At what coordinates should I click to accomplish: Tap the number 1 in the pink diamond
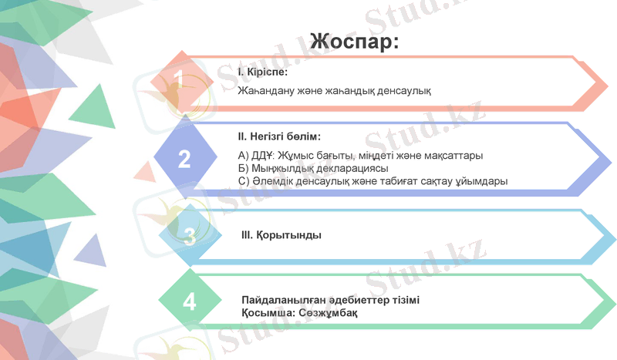[x=179, y=79]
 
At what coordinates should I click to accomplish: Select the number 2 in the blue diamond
[x=184, y=159]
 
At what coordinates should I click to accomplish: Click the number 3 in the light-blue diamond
[x=190, y=236]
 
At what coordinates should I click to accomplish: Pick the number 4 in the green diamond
[x=190, y=301]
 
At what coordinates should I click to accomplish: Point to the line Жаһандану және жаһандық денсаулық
[x=334, y=91]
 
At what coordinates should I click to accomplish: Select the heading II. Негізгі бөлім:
[x=278, y=137]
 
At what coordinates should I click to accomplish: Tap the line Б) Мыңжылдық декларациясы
[x=313, y=168]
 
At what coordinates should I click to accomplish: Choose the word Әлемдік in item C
[x=271, y=181]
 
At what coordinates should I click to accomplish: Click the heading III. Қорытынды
[x=281, y=234]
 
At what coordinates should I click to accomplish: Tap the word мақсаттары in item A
[x=454, y=156]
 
